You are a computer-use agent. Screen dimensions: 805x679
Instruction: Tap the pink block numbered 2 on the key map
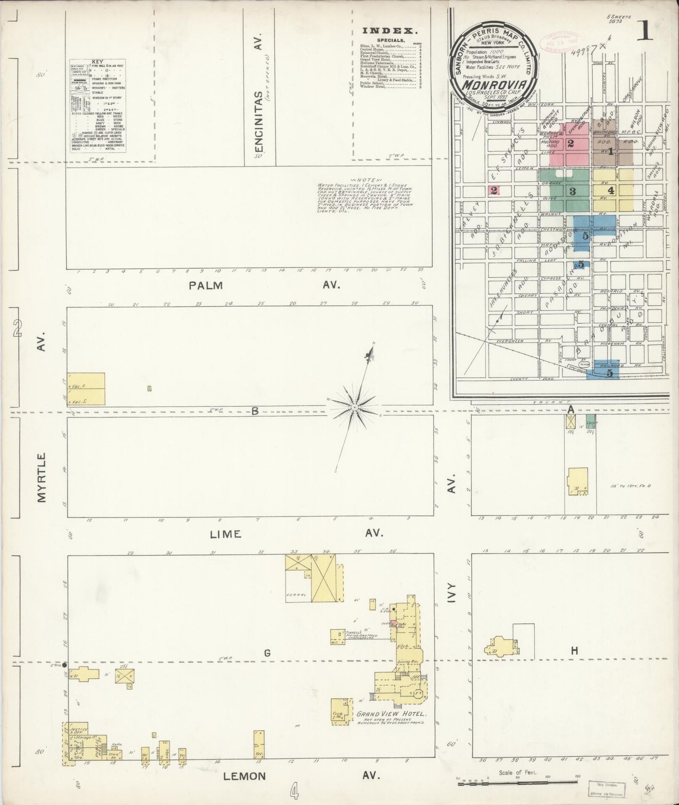(570, 144)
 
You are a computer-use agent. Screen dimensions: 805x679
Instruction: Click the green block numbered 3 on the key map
(572, 191)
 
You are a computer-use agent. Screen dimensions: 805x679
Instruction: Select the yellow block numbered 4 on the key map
(610, 191)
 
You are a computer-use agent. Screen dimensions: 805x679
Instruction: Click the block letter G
(267, 653)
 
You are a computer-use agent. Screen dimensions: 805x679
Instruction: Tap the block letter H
(574, 650)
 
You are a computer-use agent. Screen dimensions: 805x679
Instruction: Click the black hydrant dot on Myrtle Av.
(64, 665)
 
